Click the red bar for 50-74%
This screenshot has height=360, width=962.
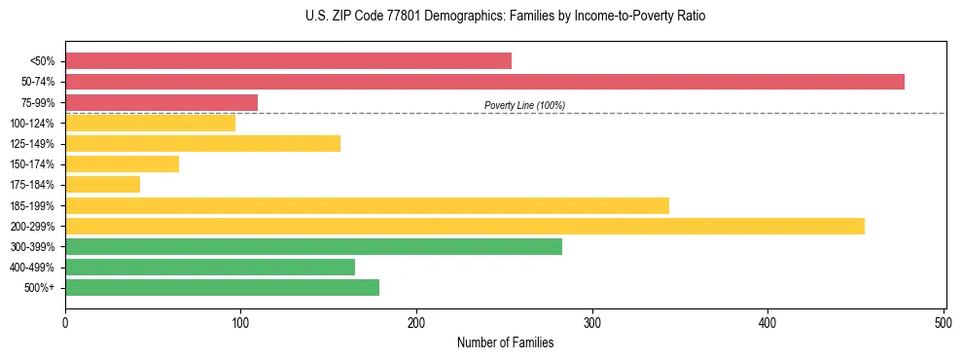click(484, 82)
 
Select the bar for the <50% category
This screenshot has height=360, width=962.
click(288, 61)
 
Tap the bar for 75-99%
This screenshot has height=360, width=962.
click(161, 102)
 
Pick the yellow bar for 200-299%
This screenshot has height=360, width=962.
click(465, 226)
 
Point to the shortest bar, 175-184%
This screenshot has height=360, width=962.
click(102, 184)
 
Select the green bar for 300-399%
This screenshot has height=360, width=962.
click(313, 246)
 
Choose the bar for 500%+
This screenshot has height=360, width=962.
click(222, 287)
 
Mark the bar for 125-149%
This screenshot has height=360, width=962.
click(202, 143)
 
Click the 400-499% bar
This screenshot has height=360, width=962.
click(210, 267)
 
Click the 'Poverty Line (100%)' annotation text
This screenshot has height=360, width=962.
click(524, 105)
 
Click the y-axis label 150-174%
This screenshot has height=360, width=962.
click(32, 164)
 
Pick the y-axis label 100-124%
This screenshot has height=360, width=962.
click(32, 124)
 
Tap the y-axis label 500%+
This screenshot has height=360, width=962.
click(39, 288)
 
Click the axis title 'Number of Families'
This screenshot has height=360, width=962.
click(505, 342)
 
